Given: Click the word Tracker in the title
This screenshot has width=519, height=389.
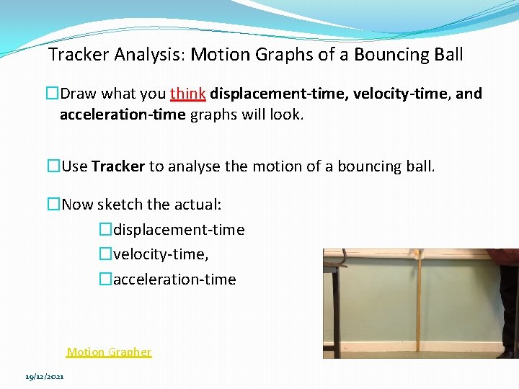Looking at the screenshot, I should tap(77, 55).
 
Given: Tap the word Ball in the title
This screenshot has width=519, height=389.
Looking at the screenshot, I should tap(448, 55).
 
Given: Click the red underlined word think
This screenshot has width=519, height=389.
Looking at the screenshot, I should tap(188, 94).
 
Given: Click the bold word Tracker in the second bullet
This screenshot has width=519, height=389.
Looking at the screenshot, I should tap(118, 166).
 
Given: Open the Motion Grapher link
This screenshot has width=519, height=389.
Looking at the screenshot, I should tap(109, 352).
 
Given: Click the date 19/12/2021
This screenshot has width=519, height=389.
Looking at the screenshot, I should tap(44, 377).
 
